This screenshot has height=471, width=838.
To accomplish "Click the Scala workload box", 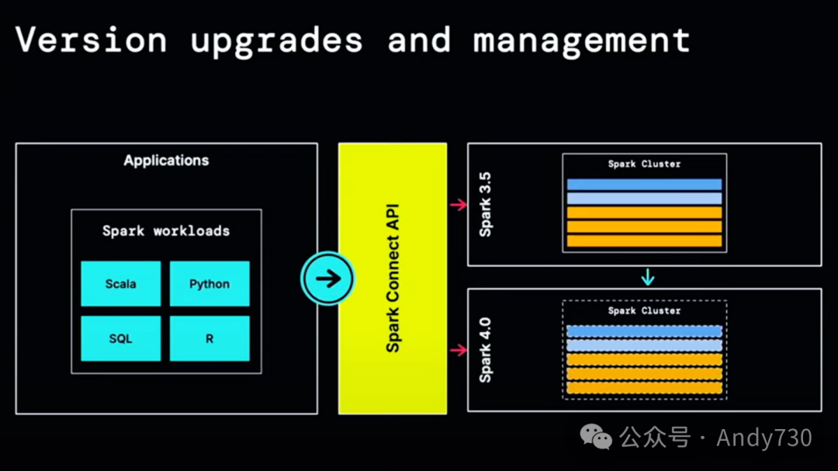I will [120, 284].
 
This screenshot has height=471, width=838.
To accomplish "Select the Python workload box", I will [209, 284].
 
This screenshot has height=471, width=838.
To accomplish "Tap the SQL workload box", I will [120, 339].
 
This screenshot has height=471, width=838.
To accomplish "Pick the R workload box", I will [209, 339].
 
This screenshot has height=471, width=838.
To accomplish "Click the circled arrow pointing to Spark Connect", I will [328, 279].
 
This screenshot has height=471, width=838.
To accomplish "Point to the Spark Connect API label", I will [393, 279].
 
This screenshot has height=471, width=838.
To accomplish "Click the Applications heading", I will [166, 161].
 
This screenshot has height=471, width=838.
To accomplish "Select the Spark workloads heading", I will [166, 230].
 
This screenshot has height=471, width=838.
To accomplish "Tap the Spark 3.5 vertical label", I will [486, 204].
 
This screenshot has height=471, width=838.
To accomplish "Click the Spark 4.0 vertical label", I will [486, 350].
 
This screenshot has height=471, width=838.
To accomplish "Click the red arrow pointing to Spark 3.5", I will [459, 205].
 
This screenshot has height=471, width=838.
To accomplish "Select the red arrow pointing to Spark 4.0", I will [459, 351].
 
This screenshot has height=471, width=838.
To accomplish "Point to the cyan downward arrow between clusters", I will [648, 277].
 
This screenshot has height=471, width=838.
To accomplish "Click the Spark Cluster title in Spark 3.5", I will [644, 165].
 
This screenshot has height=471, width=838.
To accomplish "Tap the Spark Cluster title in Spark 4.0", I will [644, 310].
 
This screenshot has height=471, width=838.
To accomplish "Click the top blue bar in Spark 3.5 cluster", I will [644, 185].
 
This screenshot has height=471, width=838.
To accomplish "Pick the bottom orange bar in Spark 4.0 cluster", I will [644, 387].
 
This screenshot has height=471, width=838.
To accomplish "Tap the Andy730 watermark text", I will [764, 438].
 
